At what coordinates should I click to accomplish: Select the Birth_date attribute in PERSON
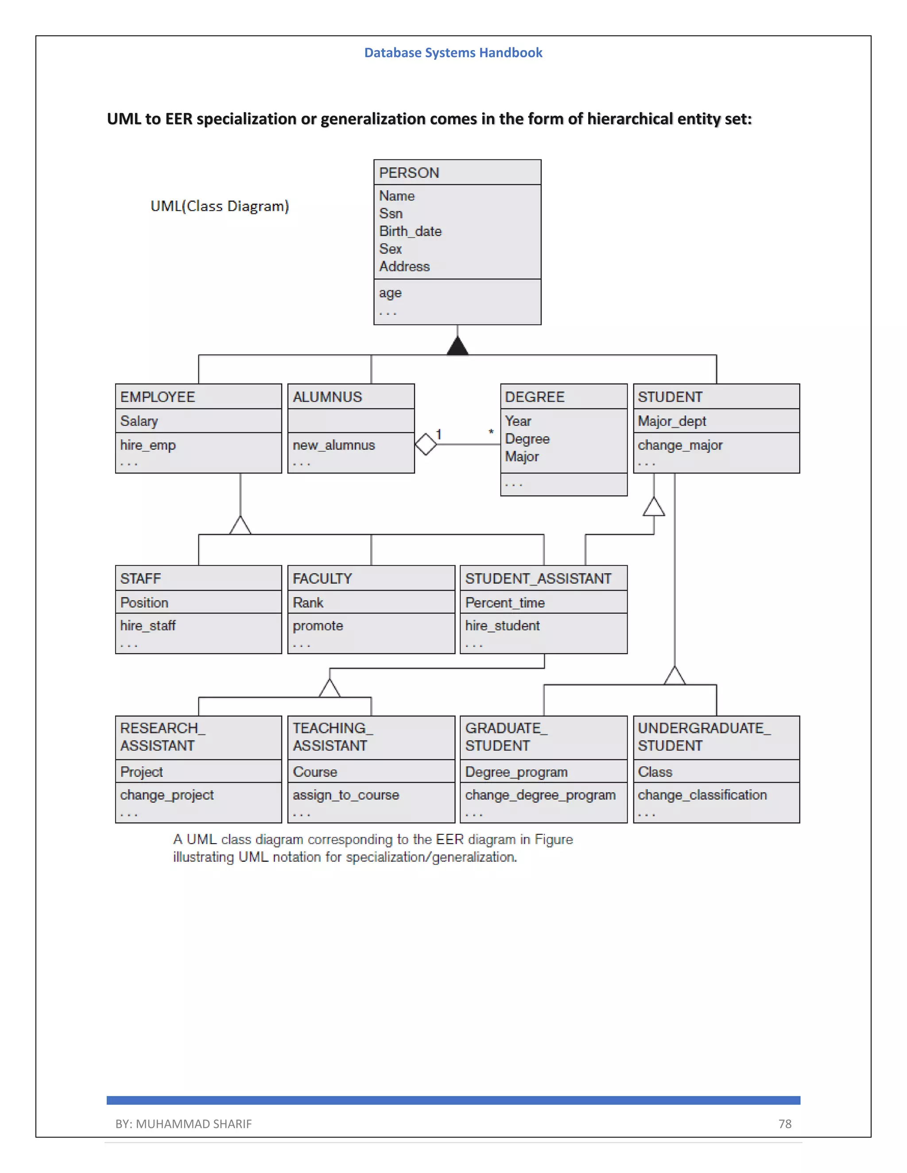coord(410,231)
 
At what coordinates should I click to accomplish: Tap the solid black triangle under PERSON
coord(457,347)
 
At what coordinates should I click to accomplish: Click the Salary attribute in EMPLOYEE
coord(139,421)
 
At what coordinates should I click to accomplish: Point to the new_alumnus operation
coord(333,445)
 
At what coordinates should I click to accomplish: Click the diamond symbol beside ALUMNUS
coord(426,444)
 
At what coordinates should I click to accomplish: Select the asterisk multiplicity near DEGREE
coord(491,432)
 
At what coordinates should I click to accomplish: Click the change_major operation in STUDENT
coord(680,445)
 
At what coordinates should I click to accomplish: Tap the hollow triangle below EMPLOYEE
coord(240,525)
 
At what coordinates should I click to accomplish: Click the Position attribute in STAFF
coord(144,602)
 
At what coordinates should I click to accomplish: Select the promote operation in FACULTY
coord(318,626)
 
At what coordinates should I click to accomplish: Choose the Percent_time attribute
coord(504,602)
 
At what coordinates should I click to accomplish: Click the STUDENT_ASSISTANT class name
coord(538,579)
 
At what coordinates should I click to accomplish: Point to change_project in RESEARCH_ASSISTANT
coord(167,795)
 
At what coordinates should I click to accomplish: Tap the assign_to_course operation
coord(345,795)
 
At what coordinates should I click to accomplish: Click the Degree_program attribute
coord(516,772)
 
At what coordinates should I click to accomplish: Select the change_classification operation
coord(702,795)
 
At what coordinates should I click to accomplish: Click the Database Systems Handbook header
coord(453,53)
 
